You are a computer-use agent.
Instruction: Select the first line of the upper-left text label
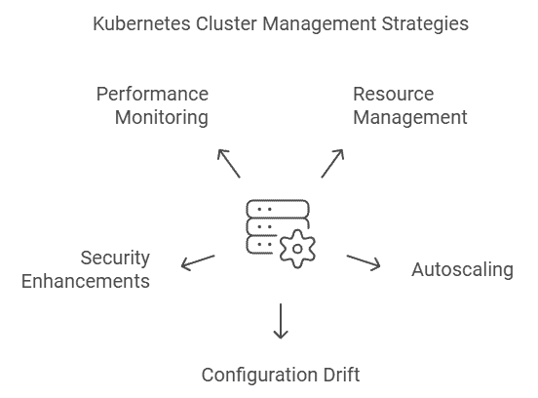tap(152, 94)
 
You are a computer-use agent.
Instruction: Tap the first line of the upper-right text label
tap(394, 94)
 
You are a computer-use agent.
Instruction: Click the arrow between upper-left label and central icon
tap(226, 161)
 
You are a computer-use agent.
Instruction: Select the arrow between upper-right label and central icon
tap(334, 161)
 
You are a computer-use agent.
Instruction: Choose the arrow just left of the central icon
tap(199, 260)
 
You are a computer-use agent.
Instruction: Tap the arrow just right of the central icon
tap(363, 260)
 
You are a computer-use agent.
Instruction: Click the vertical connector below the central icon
tap(281, 319)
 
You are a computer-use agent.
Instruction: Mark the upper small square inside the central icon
tap(253, 207)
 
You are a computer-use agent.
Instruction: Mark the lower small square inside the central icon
tap(253, 246)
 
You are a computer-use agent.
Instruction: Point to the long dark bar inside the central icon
tap(289, 207)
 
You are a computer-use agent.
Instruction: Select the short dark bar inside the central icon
tap(281, 230)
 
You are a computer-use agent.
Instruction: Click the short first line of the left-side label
tap(117, 258)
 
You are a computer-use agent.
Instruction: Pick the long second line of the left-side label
tap(86, 281)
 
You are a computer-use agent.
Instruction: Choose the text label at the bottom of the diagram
tap(281, 375)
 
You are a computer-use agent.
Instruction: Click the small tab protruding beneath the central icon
tap(296, 268)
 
